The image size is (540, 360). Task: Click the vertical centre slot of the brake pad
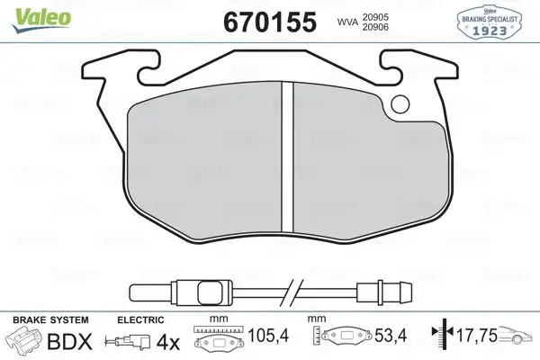coord(290,157)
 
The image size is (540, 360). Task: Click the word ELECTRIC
coord(140,319)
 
